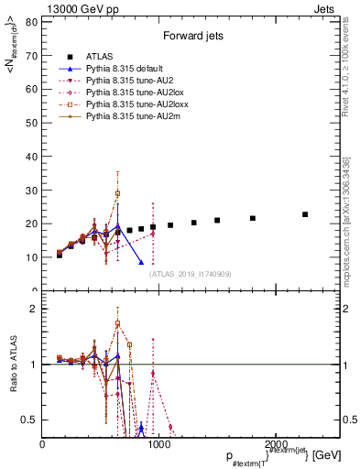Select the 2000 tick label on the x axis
[278, 445]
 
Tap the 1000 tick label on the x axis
[160, 445]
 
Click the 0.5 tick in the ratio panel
[27, 420]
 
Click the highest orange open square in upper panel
[117, 193]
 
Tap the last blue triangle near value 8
[141, 262]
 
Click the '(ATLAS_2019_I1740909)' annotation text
[191, 273]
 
